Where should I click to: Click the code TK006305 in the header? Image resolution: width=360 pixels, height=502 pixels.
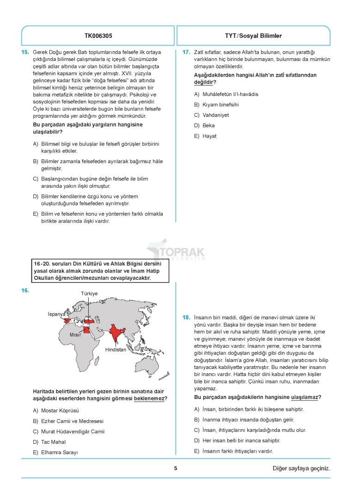click(98, 36)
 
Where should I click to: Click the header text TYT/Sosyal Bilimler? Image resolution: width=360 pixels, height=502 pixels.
click(253, 36)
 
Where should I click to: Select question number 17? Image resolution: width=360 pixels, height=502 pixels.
click(186, 52)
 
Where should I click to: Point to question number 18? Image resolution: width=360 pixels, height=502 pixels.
click(186, 317)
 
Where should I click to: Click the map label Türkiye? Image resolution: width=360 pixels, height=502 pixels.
click(89, 294)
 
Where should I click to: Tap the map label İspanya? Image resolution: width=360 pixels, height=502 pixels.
click(57, 314)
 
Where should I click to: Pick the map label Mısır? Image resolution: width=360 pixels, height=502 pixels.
click(75, 334)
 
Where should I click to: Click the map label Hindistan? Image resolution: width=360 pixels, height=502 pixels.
click(116, 350)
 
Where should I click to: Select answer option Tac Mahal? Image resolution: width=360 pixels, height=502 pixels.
click(53, 442)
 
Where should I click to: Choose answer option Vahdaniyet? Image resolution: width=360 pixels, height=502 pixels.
click(215, 115)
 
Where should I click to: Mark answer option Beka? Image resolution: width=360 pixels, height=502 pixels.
click(208, 126)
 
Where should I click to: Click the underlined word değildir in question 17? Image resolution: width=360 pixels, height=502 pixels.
click(203, 82)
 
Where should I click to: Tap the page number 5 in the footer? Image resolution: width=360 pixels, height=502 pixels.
click(176, 468)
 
